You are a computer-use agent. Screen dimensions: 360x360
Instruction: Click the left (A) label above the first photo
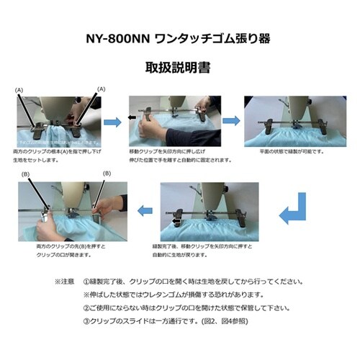point(19,89)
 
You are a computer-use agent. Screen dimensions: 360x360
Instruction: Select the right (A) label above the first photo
point(101,89)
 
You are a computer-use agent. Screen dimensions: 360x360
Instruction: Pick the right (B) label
point(106,174)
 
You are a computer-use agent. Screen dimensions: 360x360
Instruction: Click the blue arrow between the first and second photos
point(112,122)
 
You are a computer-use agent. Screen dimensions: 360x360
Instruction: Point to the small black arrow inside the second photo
point(132,115)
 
